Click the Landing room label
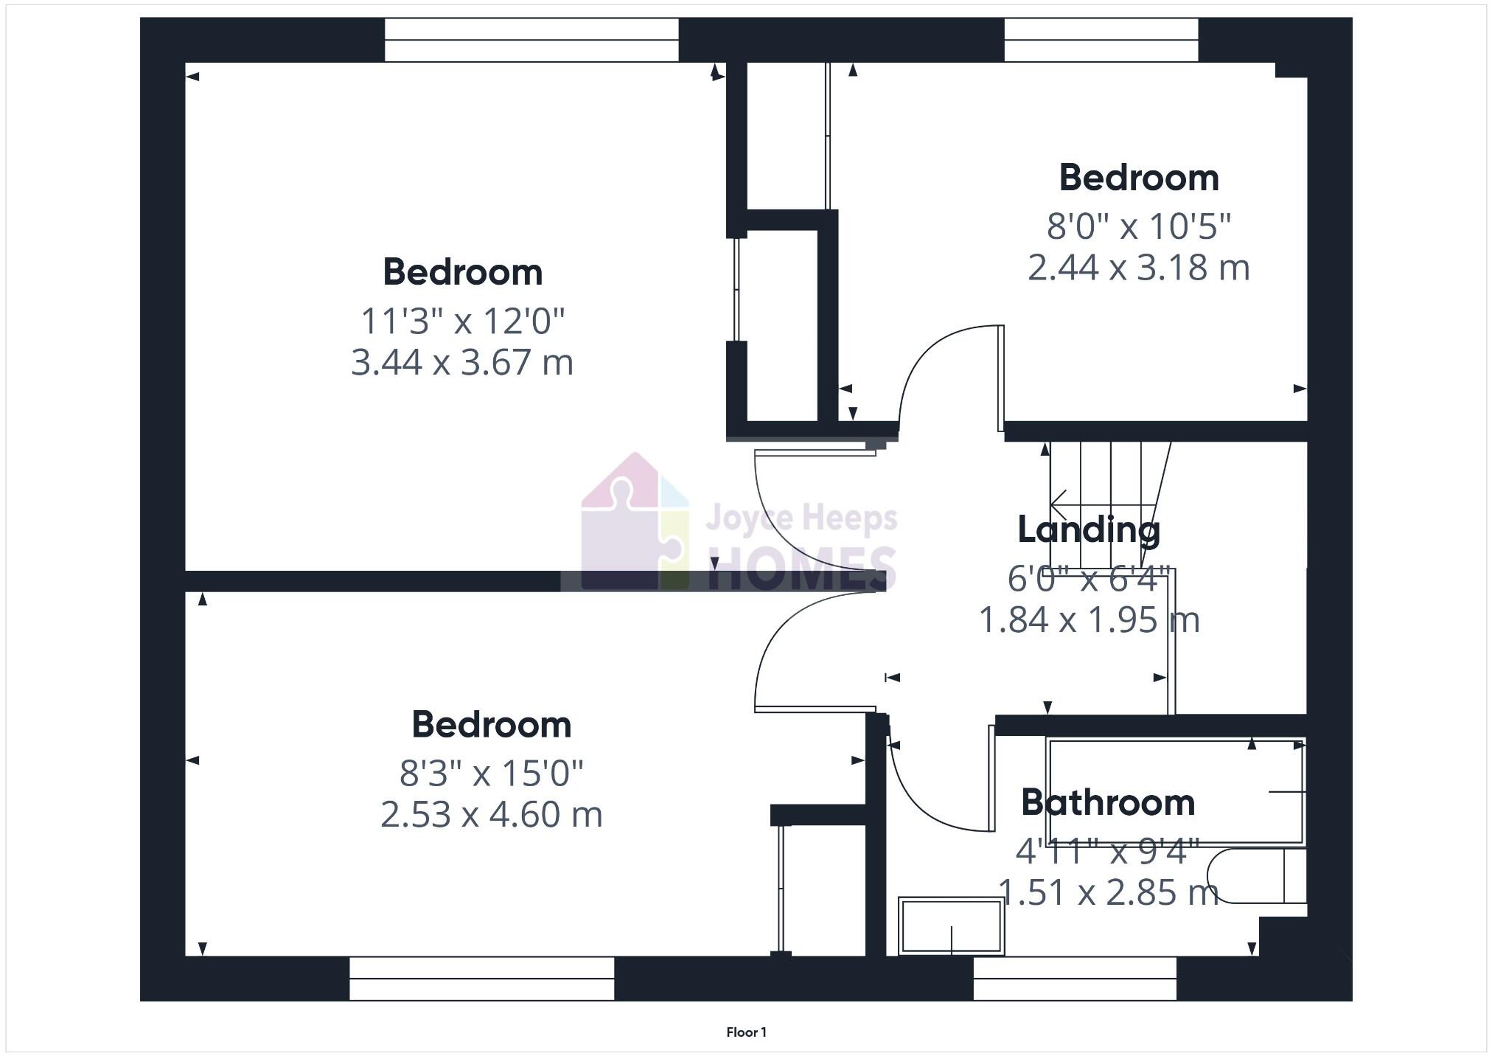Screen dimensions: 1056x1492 1089,529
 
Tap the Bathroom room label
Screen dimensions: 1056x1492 1107,802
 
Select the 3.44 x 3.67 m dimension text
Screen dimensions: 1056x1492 462,362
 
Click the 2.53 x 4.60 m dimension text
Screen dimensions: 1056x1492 492,814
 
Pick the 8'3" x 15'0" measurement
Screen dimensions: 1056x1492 492,773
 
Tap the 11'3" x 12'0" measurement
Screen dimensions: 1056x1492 462,321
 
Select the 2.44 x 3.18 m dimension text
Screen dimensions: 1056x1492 1139,267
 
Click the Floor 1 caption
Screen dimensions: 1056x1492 746,1032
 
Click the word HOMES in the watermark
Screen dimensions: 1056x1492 801,568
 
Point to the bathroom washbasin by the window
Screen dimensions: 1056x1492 951,926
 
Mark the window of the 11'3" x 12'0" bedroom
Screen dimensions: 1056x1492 531,40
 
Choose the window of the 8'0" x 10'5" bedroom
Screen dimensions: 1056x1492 1101,40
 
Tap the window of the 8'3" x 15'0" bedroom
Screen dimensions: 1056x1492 481,978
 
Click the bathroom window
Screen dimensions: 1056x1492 1074,978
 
